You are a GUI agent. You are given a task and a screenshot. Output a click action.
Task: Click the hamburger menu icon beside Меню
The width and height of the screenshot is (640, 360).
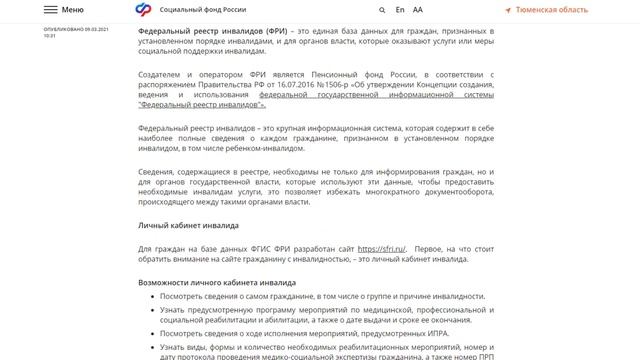pos(50,8)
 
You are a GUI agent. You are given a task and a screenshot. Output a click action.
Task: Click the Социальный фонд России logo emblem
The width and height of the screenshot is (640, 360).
pos(146,8)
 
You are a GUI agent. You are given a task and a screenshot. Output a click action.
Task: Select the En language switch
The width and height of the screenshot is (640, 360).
pos(400,8)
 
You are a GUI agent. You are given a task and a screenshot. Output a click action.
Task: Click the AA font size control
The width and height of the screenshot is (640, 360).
pos(418,8)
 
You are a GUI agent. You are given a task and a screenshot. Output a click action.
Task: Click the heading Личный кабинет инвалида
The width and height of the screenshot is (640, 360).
pos(187,225)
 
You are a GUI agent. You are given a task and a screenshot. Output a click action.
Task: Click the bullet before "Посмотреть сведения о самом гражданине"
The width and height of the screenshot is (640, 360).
pos(149,297)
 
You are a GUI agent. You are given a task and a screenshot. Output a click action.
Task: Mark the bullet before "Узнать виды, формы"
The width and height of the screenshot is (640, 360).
pos(149,347)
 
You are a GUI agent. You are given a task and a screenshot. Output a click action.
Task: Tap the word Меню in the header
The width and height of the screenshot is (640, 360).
pos(72,8)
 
